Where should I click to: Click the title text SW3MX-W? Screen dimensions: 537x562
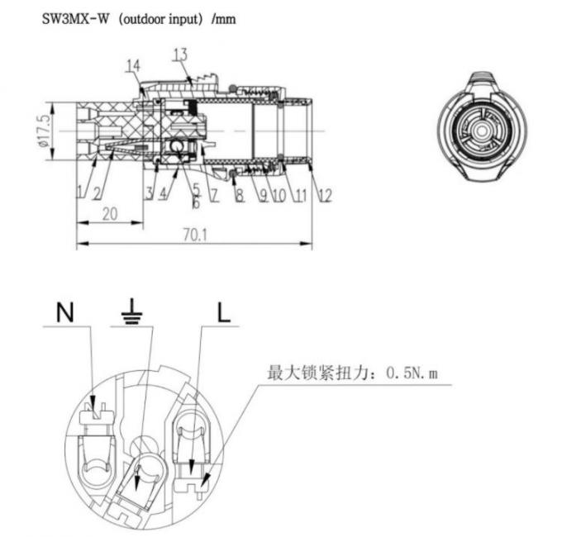[x=77, y=17]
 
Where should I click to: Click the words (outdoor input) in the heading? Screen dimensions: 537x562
[x=153, y=17]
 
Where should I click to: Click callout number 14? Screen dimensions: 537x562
[x=133, y=65]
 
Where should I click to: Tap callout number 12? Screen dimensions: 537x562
[x=324, y=195]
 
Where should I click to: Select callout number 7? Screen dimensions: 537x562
[x=214, y=195]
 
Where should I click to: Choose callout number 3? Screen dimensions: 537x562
[x=150, y=193]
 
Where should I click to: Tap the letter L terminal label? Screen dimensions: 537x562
[x=224, y=311]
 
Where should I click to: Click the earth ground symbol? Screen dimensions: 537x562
[x=132, y=311]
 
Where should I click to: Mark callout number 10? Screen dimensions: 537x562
[x=279, y=195]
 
